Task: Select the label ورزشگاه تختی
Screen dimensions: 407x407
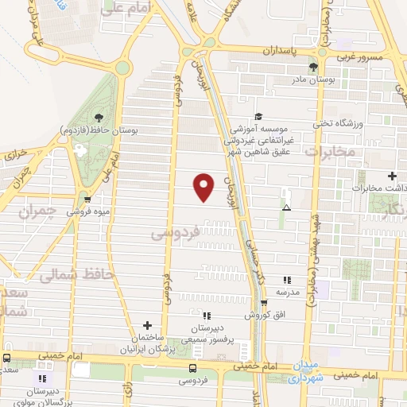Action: tap(343, 124)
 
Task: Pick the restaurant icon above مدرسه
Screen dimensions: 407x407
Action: tap(287, 280)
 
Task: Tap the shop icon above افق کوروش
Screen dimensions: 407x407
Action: tap(263, 303)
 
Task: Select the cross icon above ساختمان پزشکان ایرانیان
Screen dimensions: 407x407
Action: tap(147, 324)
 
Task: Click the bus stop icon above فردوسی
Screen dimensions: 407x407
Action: tap(192, 367)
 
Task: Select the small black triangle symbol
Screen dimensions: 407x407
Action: tap(286, 208)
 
